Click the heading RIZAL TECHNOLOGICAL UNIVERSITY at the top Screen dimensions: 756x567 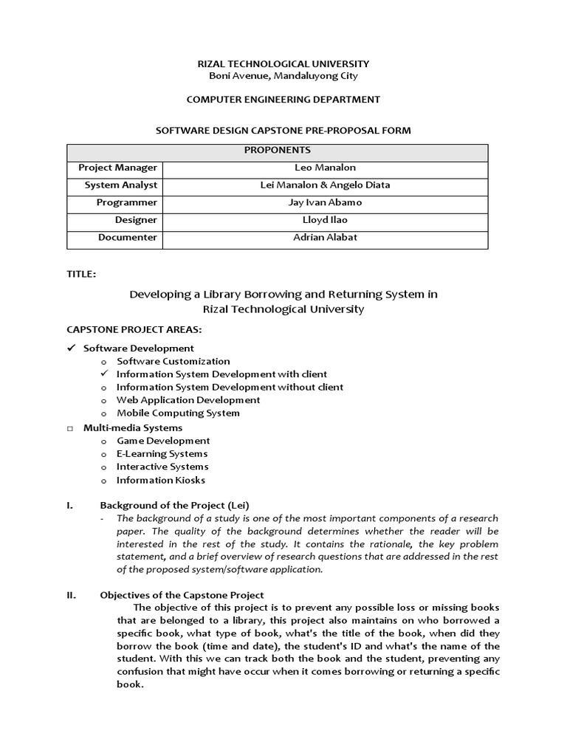tap(283, 64)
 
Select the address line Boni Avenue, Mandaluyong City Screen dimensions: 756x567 tap(283, 76)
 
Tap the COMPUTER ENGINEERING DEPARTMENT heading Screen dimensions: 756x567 tap(283, 99)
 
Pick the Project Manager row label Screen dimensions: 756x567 tap(118, 168)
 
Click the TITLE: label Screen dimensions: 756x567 tap(81, 274)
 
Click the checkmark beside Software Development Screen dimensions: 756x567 tap(72, 348)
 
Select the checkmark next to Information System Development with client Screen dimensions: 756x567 tap(104, 374)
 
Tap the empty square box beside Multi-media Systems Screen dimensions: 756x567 tap(71, 428)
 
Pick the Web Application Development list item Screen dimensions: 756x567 tap(188, 400)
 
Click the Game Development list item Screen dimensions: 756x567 tap(163, 441)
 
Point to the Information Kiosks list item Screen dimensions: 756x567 tap(161, 480)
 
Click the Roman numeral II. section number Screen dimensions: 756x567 tap(72, 595)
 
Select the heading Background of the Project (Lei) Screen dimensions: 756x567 tap(174, 505)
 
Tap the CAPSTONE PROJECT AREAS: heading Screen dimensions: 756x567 tap(134, 329)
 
